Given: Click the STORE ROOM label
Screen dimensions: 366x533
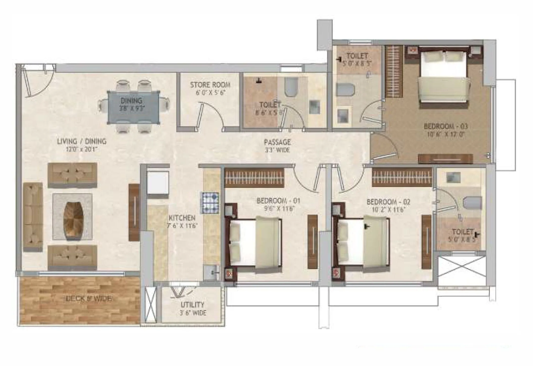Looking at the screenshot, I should [210, 85].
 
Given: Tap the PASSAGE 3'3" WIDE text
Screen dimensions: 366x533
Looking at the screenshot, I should [277, 146].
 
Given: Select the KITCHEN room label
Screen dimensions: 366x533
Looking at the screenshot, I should [182, 218].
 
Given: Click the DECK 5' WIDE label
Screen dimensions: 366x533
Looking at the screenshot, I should [88, 299].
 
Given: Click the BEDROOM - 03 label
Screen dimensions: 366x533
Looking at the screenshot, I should [446, 126].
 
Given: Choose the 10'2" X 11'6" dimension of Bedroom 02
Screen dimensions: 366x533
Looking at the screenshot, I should [388, 210].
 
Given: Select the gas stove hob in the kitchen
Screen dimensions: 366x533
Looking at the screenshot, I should [210, 202].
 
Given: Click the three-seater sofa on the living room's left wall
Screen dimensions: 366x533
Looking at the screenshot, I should [33, 217].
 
